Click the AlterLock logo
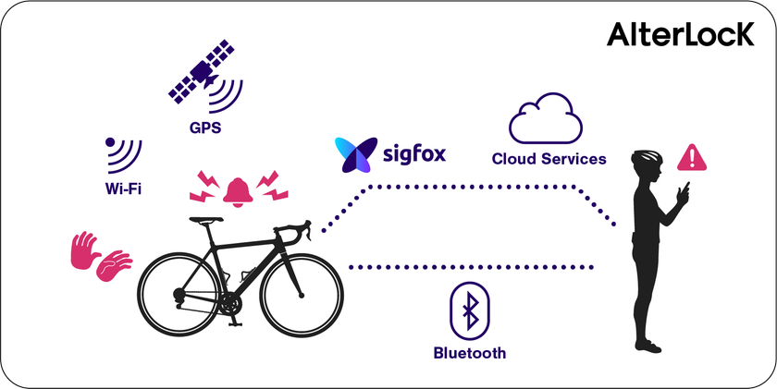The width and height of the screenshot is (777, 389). pyautogui.click(x=680, y=34)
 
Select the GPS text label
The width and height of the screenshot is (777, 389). pyautogui.click(x=205, y=128)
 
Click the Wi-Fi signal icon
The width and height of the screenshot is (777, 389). pyautogui.click(x=123, y=155)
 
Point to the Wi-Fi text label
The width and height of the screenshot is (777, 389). pyautogui.click(x=123, y=189)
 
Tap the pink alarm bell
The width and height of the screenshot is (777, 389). pyautogui.click(x=238, y=191)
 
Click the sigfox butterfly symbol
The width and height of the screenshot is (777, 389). pyautogui.click(x=352, y=155)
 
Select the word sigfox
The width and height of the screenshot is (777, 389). pyautogui.click(x=414, y=154)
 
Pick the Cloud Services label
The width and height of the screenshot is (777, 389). pyautogui.click(x=549, y=159)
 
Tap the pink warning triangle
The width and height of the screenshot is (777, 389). pyautogui.click(x=692, y=157)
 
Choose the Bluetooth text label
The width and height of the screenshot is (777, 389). pyautogui.click(x=470, y=353)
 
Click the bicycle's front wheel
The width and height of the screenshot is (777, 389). pyautogui.click(x=302, y=296)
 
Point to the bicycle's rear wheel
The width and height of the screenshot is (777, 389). pyautogui.click(x=179, y=295)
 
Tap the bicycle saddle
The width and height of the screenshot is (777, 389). pyautogui.click(x=205, y=220)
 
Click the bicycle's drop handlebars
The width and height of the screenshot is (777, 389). pyautogui.click(x=294, y=231)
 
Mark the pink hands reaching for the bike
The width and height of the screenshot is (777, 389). pyautogui.click(x=101, y=256)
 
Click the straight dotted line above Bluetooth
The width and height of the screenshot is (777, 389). pyautogui.click(x=471, y=268)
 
